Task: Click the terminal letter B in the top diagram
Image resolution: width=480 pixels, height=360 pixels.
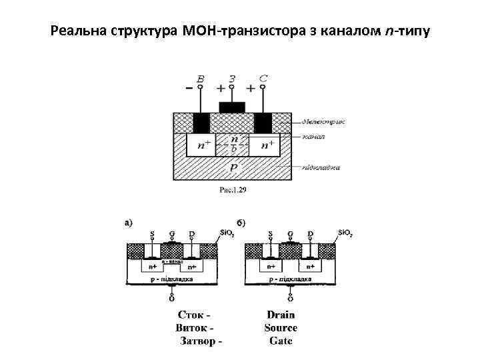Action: tap(201, 79)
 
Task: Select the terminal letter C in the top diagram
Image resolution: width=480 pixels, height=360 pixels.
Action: tap(263, 79)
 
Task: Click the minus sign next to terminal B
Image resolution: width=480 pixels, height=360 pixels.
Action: tap(189, 88)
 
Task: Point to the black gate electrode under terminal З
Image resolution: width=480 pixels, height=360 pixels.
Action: tap(232, 107)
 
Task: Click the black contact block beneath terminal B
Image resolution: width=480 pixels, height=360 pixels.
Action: tap(201, 123)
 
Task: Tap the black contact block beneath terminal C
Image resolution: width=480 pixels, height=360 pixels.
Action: tap(263, 123)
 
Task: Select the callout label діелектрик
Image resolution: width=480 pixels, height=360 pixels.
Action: tap(323, 121)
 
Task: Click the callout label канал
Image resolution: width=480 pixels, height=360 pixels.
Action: tap(313, 137)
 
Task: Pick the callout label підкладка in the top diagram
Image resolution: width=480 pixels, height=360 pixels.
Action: tap(321, 167)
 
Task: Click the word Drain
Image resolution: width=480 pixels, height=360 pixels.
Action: tap(281, 315)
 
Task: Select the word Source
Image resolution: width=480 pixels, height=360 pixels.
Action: tap(281, 328)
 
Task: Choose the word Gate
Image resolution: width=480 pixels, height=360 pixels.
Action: tap(281, 341)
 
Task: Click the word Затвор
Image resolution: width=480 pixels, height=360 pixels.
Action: tap(198, 341)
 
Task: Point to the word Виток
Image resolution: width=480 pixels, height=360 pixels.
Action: tap(194, 328)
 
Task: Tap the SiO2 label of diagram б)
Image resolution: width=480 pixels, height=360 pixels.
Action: tap(345, 233)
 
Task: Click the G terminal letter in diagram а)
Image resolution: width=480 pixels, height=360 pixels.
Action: tap(172, 234)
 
